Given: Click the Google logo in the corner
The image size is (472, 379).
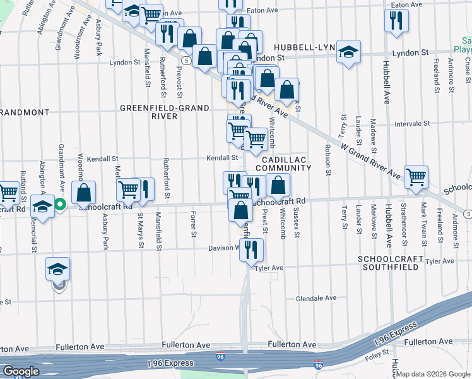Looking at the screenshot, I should point(20,371).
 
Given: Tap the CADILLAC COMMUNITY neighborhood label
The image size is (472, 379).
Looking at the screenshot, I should point(283,164).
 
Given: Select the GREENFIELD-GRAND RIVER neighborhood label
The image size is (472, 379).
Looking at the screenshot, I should point(165,112).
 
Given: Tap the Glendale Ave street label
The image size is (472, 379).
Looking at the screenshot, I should point(316,298).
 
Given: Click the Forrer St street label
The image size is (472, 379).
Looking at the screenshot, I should point(193,224).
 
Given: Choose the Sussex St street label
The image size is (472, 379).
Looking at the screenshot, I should point(296,226).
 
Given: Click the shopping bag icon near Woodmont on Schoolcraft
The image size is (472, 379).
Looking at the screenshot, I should point(83,193).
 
